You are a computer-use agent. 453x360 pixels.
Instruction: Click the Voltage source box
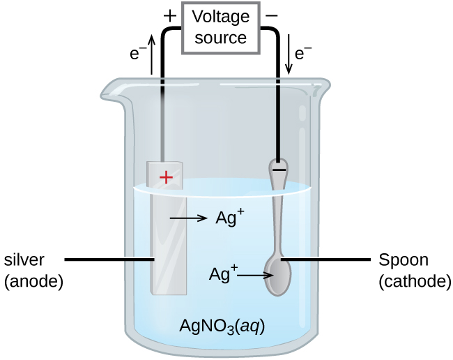coord(220,28)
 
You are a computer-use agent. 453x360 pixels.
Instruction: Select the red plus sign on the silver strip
coord(166,177)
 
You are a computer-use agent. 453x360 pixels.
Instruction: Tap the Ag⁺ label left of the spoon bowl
coord(223,273)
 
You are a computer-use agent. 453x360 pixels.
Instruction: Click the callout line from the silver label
coord(108,260)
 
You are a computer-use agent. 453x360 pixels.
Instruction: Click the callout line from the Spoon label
coord(328,260)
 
